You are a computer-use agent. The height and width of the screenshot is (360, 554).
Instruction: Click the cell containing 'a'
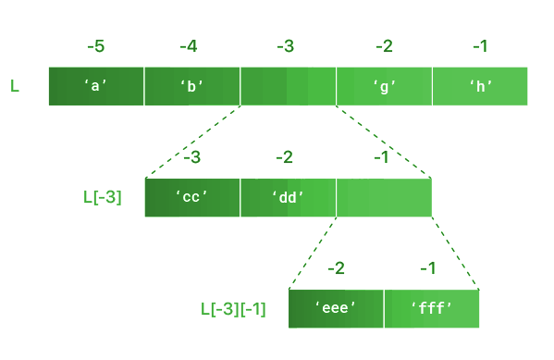click(x=96, y=86)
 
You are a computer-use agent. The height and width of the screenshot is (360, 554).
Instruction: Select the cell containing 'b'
click(x=192, y=86)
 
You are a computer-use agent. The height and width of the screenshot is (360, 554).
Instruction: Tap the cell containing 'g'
click(x=384, y=86)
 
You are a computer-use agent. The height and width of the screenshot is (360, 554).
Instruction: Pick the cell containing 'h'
click(x=480, y=86)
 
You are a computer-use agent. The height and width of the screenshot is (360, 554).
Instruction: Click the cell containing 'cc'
click(x=192, y=197)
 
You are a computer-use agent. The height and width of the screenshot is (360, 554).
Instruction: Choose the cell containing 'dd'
click(x=289, y=197)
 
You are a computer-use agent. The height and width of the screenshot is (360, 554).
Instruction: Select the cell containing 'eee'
click(x=336, y=308)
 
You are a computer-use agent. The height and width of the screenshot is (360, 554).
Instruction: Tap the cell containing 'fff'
click(x=432, y=308)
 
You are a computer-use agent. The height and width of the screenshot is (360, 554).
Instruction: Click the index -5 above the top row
click(x=95, y=45)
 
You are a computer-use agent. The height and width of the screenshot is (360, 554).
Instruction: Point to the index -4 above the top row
click(x=191, y=45)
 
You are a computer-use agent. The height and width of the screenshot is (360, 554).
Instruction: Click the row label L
click(x=15, y=86)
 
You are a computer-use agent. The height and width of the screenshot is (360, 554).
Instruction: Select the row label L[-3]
click(x=102, y=197)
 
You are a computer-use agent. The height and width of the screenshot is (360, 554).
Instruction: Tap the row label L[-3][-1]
click(x=233, y=308)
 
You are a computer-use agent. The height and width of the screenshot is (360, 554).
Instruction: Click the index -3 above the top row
click(x=287, y=45)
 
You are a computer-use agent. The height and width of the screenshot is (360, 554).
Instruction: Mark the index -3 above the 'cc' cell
click(x=191, y=157)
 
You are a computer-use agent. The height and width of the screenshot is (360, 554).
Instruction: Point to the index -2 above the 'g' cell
click(x=383, y=45)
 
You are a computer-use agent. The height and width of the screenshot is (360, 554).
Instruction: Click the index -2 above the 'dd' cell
click(x=287, y=157)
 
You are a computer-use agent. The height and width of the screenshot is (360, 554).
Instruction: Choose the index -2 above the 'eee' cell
click(x=335, y=268)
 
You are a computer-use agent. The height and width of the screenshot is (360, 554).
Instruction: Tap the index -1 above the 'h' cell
click(x=479, y=45)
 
